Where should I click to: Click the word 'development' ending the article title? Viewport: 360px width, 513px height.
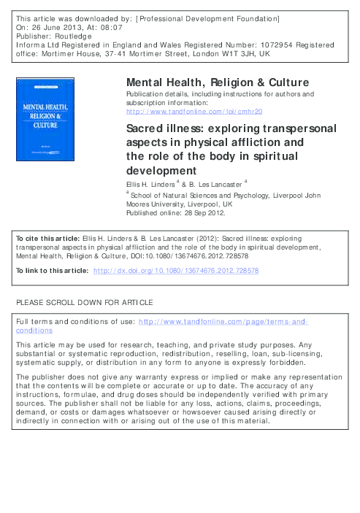[159, 170]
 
